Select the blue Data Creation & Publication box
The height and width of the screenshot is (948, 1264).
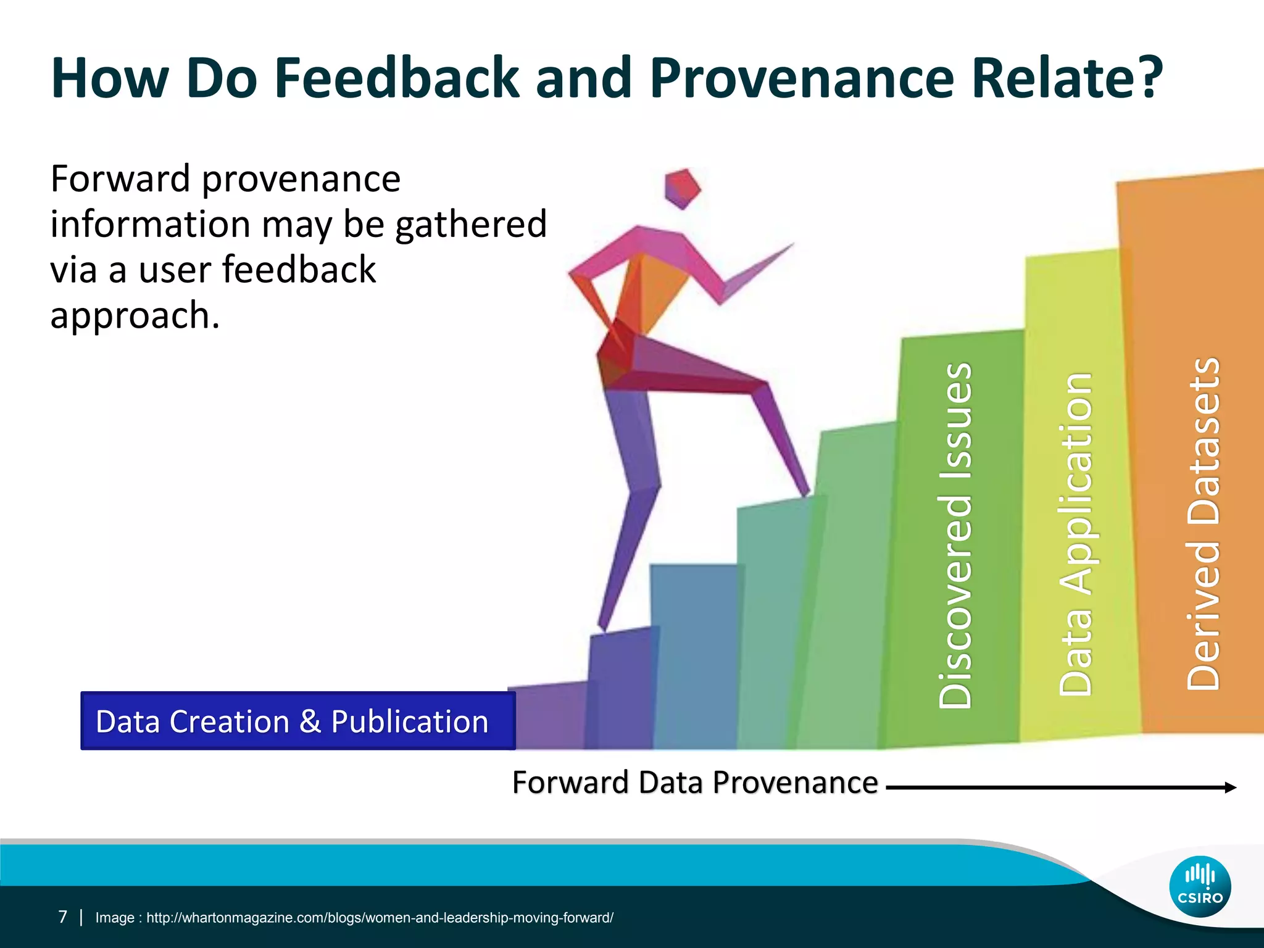[x=297, y=721]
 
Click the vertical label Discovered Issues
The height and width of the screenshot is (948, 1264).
[x=955, y=536]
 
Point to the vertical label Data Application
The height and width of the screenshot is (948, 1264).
[x=1075, y=534]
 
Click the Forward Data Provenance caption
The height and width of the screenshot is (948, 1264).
[x=695, y=783]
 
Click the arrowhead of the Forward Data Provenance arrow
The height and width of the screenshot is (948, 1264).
[x=1230, y=787]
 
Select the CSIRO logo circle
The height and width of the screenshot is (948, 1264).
[x=1200, y=887]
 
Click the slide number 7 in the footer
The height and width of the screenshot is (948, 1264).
[x=62, y=917]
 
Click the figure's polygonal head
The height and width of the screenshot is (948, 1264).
[x=682, y=188]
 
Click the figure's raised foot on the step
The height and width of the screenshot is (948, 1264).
[x=802, y=488]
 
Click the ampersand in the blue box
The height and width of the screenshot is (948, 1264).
[x=310, y=721]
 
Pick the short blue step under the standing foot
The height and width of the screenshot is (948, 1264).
[x=620, y=685]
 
